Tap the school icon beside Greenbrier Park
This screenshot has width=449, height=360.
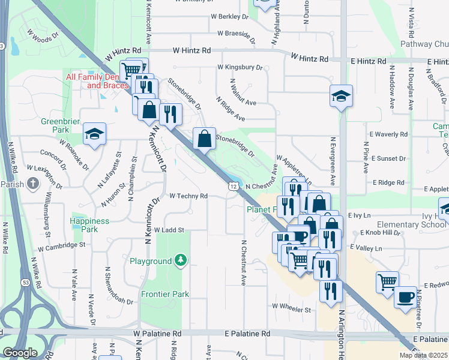(94, 134)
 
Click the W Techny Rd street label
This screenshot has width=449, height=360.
(188, 196)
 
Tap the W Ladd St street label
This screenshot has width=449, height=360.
(169, 229)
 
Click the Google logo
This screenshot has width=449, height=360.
(20, 353)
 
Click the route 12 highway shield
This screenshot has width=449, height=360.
(231, 188)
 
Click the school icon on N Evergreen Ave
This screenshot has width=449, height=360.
(341, 96)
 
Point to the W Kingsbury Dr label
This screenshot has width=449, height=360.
(240, 67)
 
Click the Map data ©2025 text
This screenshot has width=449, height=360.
(423, 355)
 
